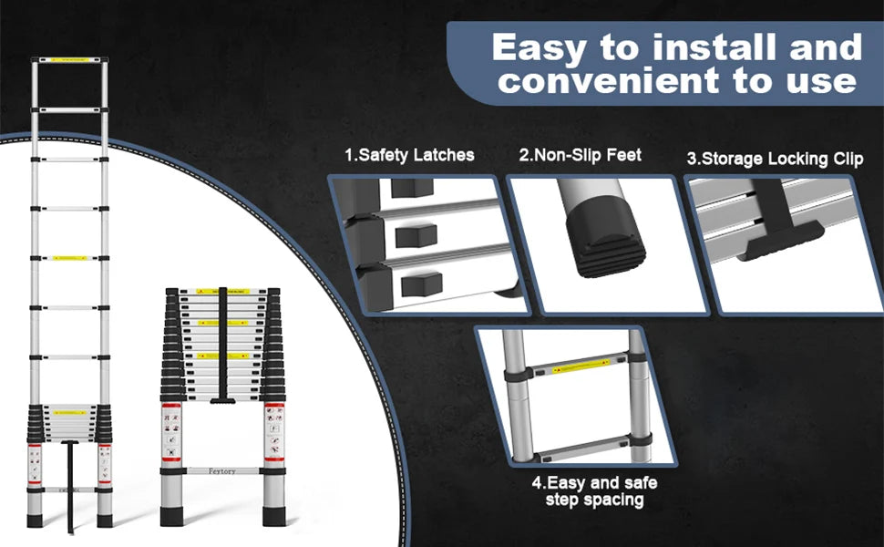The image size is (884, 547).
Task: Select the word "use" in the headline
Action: click(x=817, y=81)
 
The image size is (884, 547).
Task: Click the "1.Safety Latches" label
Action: click(x=409, y=155)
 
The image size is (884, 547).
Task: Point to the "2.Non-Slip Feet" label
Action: click(x=581, y=155)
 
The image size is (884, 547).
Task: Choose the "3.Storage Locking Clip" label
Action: click(x=775, y=159)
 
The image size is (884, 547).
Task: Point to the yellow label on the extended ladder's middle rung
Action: click(x=69, y=259)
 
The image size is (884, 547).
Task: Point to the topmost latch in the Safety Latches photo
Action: click(x=411, y=188)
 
